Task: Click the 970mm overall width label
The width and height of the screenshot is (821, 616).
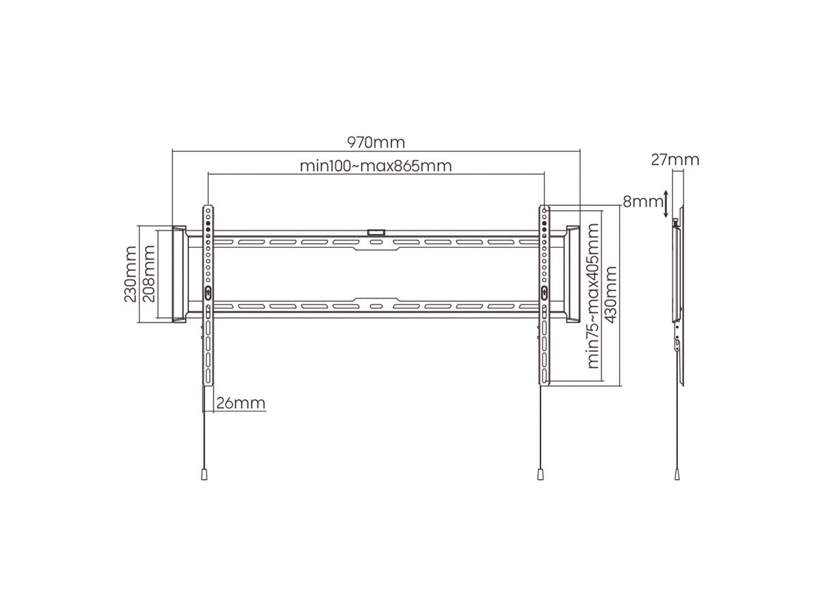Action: (x=376, y=143)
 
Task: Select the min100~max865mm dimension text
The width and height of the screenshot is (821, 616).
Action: (x=376, y=166)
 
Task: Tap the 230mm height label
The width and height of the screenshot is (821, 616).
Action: (x=129, y=273)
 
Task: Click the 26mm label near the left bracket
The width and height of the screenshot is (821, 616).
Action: (x=240, y=403)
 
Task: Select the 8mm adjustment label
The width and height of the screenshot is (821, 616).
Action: (x=642, y=202)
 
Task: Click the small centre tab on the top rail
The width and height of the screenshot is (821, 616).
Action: (x=376, y=233)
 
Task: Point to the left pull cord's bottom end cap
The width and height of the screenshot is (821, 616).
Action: (x=204, y=473)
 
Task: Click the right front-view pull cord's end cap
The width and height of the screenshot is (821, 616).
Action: (x=539, y=473)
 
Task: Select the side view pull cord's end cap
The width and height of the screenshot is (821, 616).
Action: (x=677, y=473)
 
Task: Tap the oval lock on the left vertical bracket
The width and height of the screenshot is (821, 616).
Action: (x=208, y=292)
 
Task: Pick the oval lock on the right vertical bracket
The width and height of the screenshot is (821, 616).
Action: (x=544, y=292)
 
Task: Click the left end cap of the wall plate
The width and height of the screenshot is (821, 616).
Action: (x=179, y=274)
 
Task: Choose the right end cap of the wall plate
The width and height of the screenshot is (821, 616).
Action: (x=572, y=274)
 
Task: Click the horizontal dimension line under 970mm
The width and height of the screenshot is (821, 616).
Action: (x=376, y=152)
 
